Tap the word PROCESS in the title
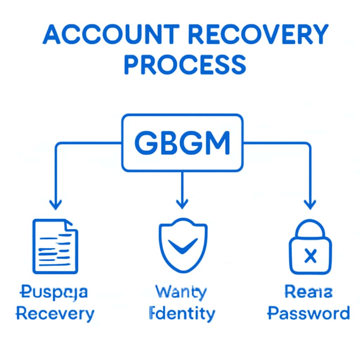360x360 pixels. tap(185, 64)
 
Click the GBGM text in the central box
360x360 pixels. tap(182, 143)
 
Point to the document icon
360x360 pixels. tap(55, 246)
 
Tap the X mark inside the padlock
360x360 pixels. tap(310, 256)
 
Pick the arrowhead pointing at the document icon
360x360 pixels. tap(56, 204)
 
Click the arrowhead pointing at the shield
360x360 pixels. tap(182, 203)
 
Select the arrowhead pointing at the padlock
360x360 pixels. tap(310, 204)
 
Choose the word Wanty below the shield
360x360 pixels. tap(181, 292)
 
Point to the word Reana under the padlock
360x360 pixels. tap(308, 292)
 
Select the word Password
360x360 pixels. tap(309, 313)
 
